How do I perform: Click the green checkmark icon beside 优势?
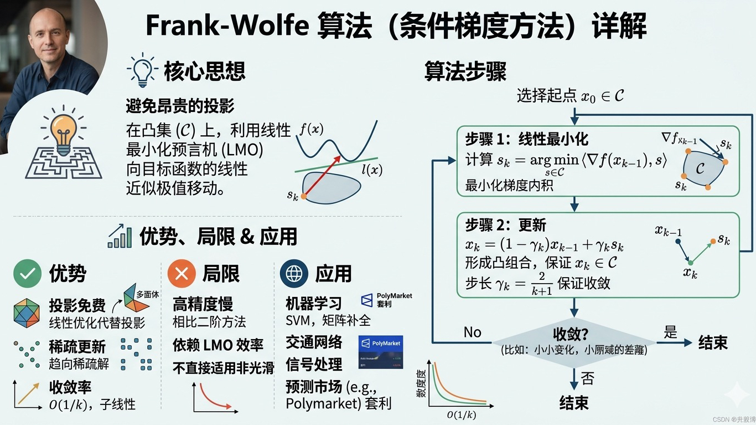coord(28,274)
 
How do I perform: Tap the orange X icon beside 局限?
coord(182,274)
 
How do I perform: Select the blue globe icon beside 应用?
coord(294,274)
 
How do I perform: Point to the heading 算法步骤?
coord(465,71)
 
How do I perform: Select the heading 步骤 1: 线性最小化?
coord(526,138)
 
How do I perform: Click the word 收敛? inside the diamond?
coord(570,335)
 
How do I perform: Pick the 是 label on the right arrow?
coord(670,332)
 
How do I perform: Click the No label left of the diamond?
coord(472,332)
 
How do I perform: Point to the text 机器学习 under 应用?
coord(313,304)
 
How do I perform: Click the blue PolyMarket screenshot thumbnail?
coord(380,351)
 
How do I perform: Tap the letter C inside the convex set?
coord(700,168)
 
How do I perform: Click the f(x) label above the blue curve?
coord(312,130)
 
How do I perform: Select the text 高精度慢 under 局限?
coord(203,304)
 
